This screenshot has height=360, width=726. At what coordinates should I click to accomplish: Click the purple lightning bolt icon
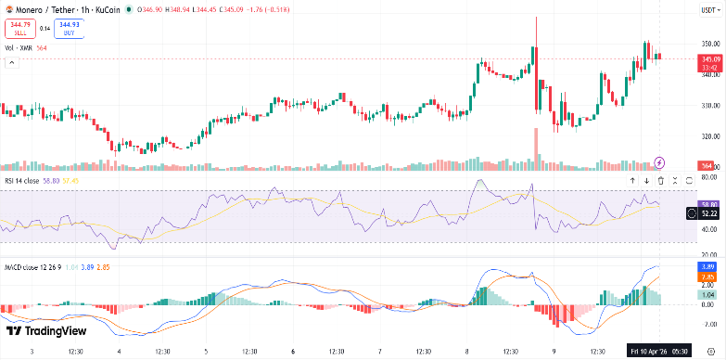click(660, 162)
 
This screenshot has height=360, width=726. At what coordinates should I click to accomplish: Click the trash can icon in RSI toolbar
click(660, 180)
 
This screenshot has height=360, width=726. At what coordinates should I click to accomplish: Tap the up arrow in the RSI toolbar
click(632, 180)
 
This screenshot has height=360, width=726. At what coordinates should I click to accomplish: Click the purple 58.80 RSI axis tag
click(709, 203)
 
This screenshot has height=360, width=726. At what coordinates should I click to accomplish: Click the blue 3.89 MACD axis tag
click(709, 266)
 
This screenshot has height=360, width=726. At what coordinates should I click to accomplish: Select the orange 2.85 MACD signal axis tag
click(709, 276)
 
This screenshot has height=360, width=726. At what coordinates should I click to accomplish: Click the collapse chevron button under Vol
click(12, 62)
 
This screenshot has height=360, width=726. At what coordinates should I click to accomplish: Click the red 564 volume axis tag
click(707, 165)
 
